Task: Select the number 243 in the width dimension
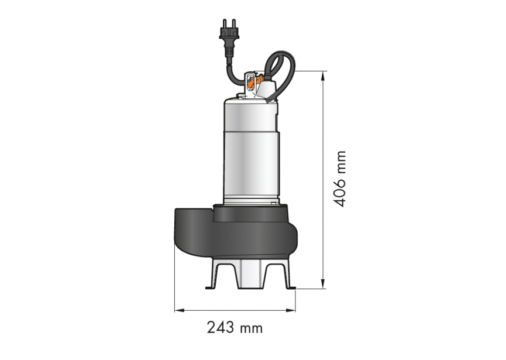click(219, 328)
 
